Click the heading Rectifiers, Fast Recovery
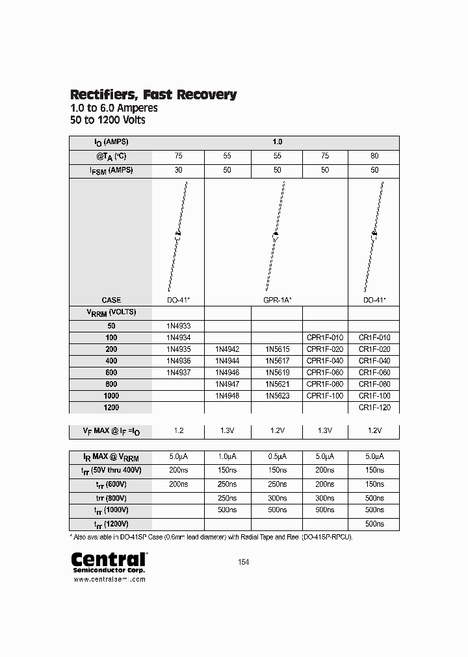[x=153, y=95]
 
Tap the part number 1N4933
[x=178, y=326]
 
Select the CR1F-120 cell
[x=374, y=407]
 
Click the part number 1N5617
[x=276, y=360]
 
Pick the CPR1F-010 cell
[x=325, y=338]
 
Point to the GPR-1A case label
[x=276, y=300]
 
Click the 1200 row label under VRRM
[x=110, y=407]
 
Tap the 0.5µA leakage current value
[x=276, y=456]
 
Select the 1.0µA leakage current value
[x=227, y=456]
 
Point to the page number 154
[x=243, y=562]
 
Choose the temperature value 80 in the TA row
[x=374, y=156]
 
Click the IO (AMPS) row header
[x=110, y=142]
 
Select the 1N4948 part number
[x=227, y=395]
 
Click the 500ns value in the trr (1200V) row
[x=374, y=524]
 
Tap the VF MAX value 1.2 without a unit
[x=178, y=430]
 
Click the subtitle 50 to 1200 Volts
[x=107, y=120]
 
